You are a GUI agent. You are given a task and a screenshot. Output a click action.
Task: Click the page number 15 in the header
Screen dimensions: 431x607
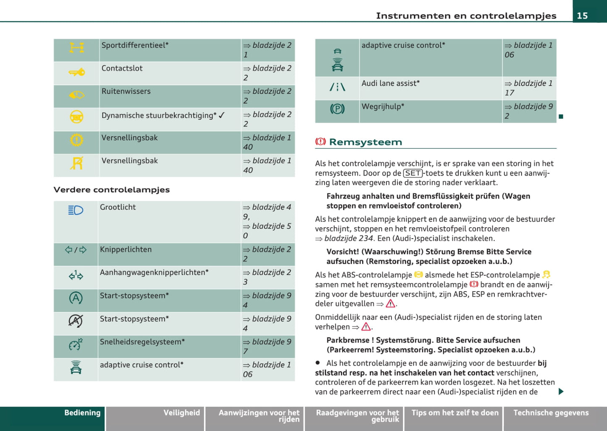pos(582,16)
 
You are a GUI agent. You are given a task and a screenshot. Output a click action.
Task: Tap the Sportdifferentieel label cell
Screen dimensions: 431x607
pos(135,45)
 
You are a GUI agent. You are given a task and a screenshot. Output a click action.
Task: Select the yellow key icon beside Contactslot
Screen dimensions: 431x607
pos(76,73)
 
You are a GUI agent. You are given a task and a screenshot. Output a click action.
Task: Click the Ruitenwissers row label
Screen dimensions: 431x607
pos(126,91)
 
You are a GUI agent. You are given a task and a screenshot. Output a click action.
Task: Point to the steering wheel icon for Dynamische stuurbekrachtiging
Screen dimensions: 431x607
pos(76,117)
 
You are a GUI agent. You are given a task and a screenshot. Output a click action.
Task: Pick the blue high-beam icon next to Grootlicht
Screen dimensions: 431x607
pos(76,210)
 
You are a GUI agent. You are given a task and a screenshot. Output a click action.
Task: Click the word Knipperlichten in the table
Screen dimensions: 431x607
pos(126,250)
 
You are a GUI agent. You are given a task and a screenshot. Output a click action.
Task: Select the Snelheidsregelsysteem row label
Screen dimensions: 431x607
pos(142,342)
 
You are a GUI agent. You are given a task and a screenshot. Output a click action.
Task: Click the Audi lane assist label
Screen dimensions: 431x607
pos(390,84)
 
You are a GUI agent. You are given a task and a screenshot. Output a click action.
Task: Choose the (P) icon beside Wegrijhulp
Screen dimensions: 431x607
pos(337,109)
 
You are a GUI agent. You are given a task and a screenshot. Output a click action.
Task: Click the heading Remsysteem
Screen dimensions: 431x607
pos(365,142)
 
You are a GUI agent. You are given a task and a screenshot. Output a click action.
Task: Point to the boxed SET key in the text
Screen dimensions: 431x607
pos(413,173)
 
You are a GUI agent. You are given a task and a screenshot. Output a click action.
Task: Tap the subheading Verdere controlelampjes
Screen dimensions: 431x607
pos(112,189)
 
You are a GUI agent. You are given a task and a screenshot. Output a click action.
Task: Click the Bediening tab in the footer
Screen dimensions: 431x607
pos(82,413)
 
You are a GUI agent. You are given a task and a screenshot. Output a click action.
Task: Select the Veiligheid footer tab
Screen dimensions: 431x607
pos(181,413)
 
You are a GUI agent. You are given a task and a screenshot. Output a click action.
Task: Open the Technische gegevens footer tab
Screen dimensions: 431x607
pos(551,413)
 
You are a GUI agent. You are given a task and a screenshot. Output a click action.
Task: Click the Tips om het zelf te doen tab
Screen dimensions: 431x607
pos(455,413)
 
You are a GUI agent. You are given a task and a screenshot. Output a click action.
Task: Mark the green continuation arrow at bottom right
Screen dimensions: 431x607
pos(561,392)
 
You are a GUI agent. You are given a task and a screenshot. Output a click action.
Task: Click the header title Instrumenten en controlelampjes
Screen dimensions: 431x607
pos(466,16)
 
